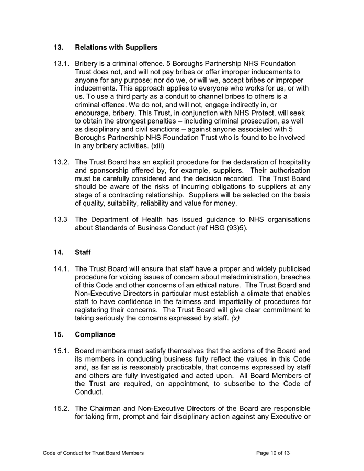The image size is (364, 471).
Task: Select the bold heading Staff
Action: tap(83, 252)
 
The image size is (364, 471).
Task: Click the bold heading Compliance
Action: tap(96, 334)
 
